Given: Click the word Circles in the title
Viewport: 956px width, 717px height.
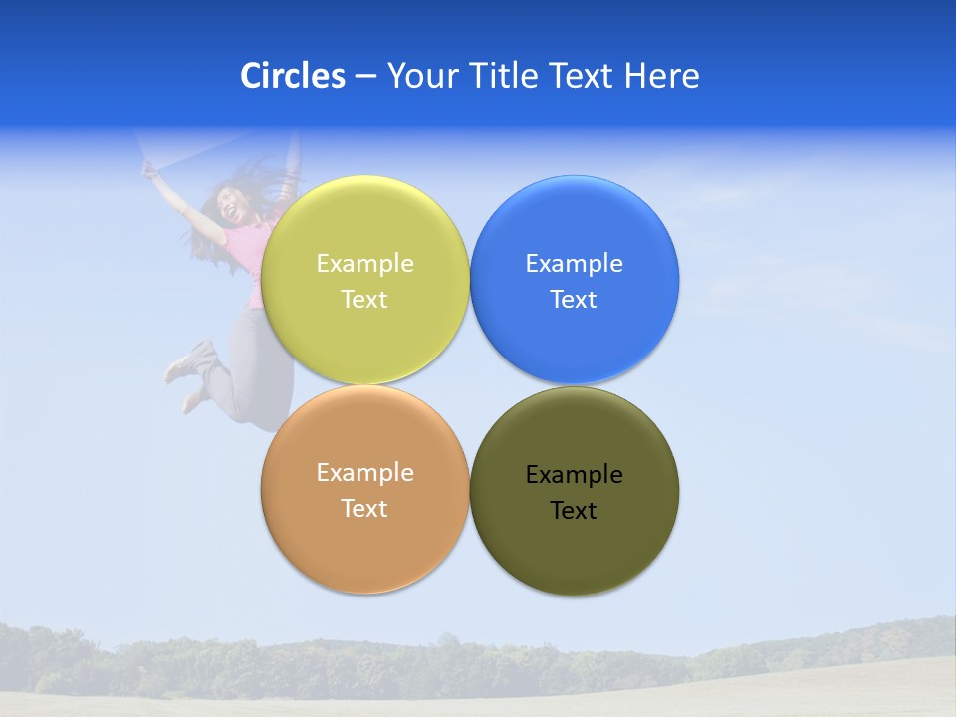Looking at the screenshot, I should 293,76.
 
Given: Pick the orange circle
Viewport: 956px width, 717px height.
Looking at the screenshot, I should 364,543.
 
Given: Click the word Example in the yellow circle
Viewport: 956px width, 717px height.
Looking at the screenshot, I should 364,263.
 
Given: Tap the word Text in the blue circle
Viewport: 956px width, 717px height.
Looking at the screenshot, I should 574,299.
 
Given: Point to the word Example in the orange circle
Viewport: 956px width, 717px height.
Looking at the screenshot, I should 364,472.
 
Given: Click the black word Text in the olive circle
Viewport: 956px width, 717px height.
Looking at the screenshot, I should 574,510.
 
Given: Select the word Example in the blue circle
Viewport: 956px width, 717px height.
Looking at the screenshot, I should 574,263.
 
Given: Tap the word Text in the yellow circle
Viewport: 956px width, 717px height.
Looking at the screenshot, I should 364,299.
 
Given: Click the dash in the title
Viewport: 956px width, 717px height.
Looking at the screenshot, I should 364,76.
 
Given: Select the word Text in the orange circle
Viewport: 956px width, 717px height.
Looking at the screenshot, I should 364,508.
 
